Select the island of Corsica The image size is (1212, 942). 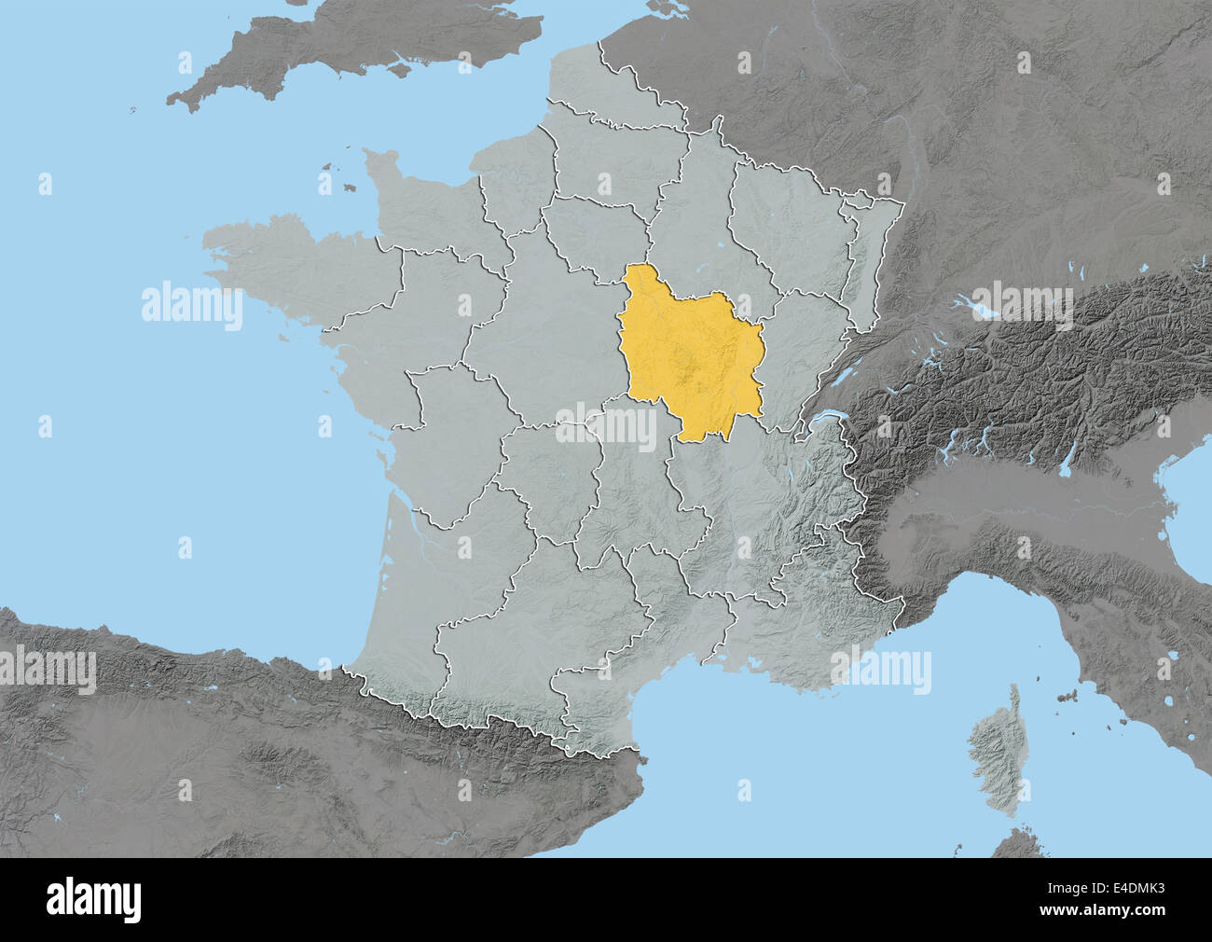[993, 746]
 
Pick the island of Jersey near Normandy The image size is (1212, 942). [349, 187]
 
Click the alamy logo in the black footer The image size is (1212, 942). [93, 899]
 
